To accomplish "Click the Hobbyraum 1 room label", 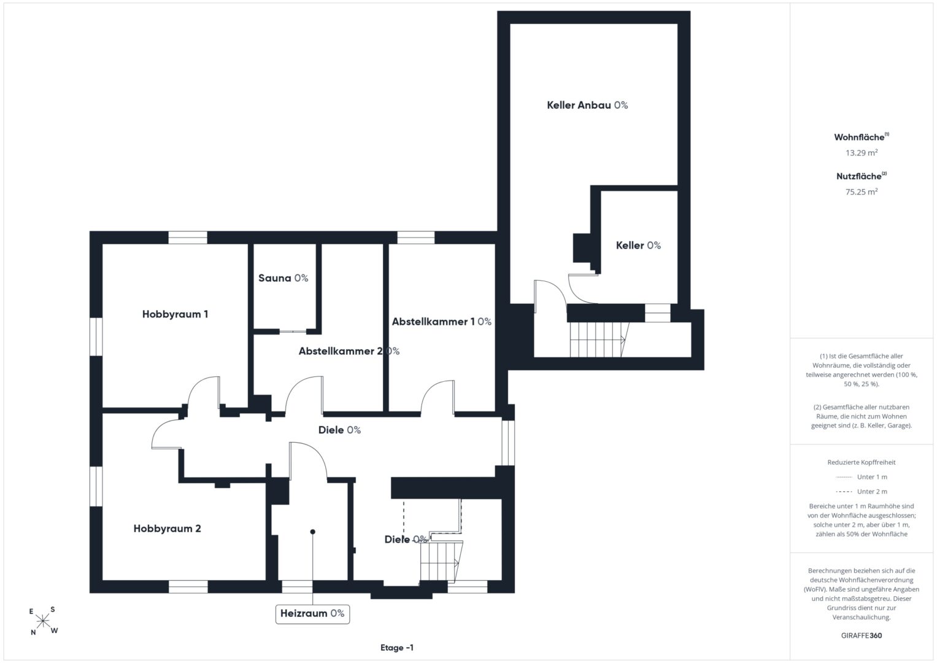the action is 175,314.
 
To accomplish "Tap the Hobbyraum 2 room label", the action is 168,529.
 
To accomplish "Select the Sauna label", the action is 283,278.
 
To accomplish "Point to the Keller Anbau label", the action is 587,105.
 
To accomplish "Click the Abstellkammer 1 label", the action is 441,322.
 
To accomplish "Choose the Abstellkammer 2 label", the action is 349,351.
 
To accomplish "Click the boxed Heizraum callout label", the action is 312,614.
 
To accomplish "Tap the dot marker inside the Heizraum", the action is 312,532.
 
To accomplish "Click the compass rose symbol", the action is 43,621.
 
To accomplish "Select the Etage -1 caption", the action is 397,648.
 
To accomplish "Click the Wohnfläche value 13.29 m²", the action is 862,153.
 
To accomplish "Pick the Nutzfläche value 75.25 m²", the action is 862,192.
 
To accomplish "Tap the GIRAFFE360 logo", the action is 862,635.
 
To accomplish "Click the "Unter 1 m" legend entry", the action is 862,477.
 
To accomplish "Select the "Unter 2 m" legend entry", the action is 862,491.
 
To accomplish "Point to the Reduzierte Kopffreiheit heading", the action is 862,462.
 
